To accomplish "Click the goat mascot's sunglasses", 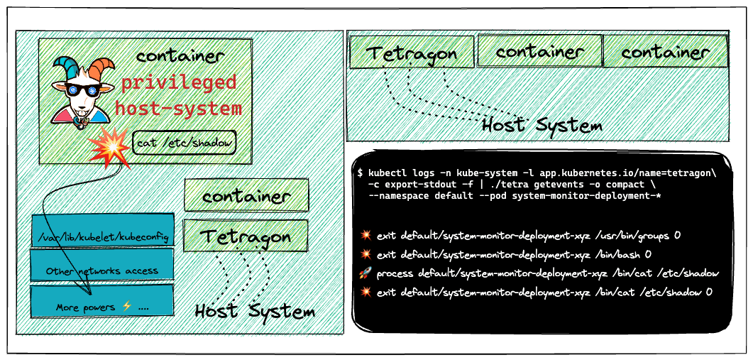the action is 82,90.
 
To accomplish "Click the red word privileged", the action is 179,82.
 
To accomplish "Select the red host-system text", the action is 178,109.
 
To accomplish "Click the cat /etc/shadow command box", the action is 185,143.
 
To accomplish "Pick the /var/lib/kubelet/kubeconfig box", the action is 102,231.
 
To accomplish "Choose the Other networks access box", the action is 101,264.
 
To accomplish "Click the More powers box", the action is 101,300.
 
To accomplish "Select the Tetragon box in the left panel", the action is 246,236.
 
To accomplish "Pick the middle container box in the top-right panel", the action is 540,50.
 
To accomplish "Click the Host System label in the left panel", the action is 255,311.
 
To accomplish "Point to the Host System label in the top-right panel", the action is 542,125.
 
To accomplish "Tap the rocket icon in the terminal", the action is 365,274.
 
